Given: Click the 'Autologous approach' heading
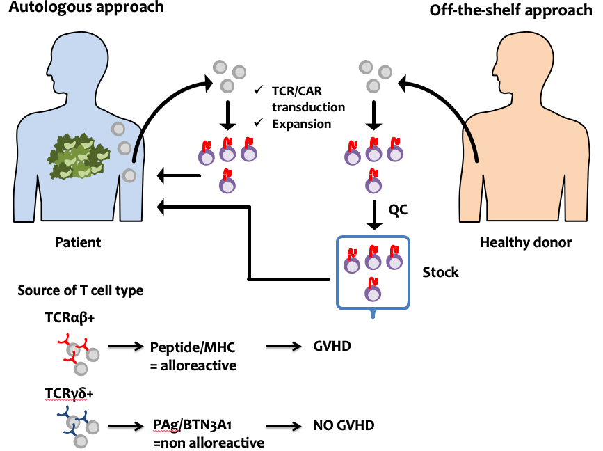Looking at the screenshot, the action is tap(86, 8).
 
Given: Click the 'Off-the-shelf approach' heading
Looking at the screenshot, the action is tap(510, 10).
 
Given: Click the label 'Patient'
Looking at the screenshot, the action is tap(78, 242).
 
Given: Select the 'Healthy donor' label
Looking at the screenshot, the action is tap(526, 242).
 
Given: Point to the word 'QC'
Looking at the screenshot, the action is tap(398, 210).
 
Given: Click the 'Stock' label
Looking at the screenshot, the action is tap(440, 272).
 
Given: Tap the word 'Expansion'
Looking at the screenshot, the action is tap(302, 125).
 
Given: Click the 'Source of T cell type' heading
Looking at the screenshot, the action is tap(81, 291).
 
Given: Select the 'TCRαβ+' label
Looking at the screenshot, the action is tap(70, 318).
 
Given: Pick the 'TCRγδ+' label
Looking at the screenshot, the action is tap(70, 394).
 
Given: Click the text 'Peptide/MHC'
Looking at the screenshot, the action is tap(192, 347).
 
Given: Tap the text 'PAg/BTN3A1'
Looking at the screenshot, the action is tap(192, 425).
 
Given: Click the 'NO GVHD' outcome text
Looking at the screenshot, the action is tap(344, 426).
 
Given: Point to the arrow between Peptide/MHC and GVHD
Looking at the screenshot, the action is tap(284, 347).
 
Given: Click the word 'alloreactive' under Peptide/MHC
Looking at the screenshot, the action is tap(198, 365).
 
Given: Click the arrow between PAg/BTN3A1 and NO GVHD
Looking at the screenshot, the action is tap(284, 426).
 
